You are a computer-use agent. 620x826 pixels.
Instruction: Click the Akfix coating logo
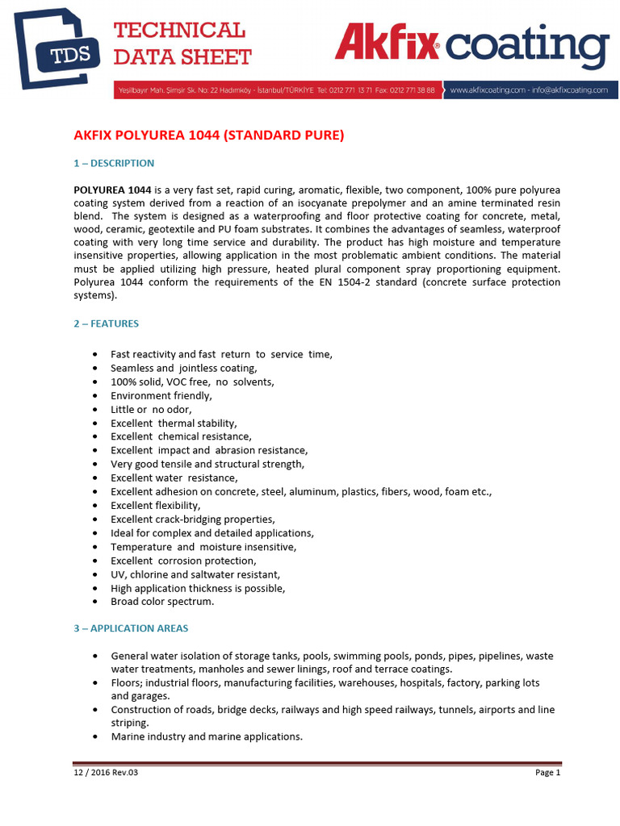[471, 46]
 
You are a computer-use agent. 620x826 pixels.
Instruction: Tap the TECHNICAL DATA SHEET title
[182, 44]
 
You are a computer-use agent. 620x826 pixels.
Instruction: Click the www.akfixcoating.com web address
[484, 90]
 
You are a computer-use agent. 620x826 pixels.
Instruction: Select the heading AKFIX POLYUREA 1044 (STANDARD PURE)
[208, 136]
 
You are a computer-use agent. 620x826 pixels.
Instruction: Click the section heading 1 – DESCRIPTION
[114, 163]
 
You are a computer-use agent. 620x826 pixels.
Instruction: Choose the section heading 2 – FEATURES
[107, 323]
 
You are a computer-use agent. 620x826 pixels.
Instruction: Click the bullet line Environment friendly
[161, 396]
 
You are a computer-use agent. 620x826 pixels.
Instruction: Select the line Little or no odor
[151, 410]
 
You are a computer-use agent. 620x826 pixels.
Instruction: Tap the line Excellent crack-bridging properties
[192, 519]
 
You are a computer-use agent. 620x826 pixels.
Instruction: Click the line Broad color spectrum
[162, 602]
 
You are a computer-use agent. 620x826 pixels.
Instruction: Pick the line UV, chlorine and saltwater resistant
[195, 574]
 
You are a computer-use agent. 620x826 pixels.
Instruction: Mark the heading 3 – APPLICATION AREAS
[132, 628]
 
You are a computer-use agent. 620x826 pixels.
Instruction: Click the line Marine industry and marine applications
[206, 736]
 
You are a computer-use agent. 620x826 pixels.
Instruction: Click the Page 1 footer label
[547, 773]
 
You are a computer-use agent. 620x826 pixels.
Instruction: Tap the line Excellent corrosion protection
[183, 561]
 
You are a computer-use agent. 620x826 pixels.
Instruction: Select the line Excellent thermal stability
[174, 423]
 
